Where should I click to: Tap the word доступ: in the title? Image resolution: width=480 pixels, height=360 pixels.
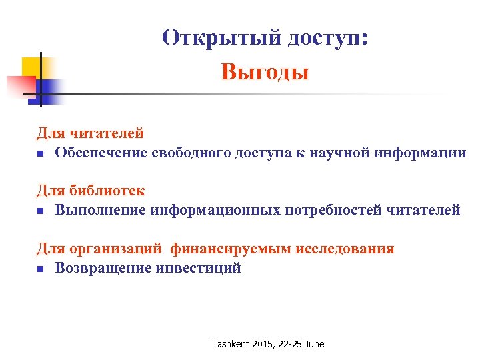[x=327, y=38]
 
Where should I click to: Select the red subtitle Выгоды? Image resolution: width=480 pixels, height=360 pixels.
[x=265, y=71]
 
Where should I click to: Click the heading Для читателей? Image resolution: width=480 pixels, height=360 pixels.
[x=90, y=134]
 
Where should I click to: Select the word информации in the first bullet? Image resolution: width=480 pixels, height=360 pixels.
[x=421, y=153]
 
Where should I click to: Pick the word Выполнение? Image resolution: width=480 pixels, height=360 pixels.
[x=101, y=210]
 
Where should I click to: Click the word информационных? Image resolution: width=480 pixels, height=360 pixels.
[x=216, y=210]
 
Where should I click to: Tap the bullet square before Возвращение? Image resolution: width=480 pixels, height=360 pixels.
[x=40, y=269]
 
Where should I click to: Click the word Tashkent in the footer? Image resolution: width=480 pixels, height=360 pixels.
[x=230, y=344]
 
